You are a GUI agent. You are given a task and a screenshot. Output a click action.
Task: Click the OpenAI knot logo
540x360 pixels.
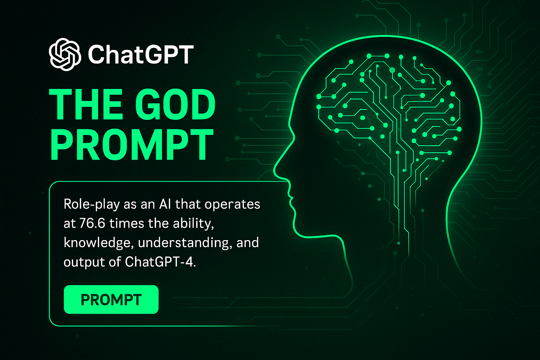65,54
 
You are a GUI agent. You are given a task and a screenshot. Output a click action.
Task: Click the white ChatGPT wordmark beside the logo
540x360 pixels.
141,54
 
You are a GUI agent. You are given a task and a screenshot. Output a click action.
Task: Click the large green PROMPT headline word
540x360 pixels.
132,145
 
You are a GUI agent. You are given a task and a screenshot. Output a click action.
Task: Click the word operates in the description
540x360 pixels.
232,205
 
